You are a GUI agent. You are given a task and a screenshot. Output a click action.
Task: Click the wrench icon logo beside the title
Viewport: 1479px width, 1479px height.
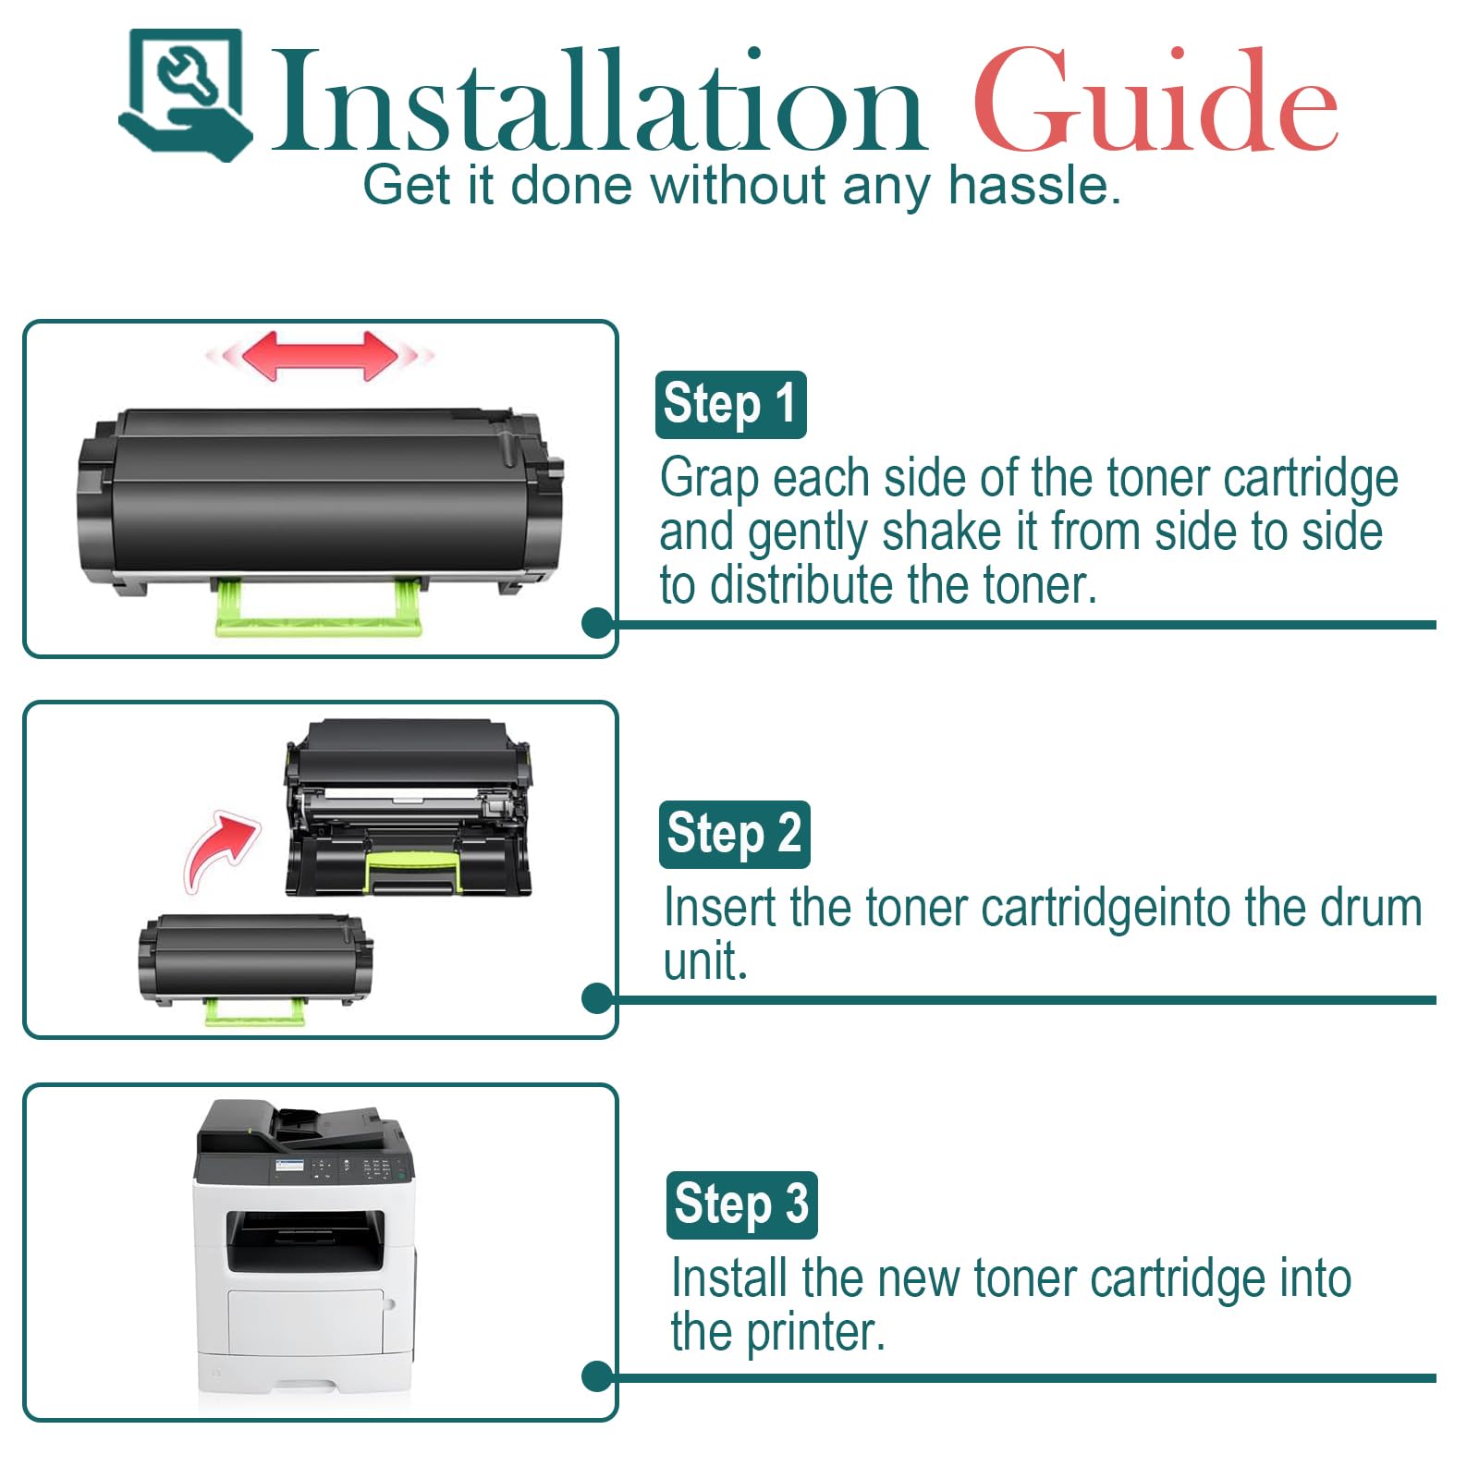186,94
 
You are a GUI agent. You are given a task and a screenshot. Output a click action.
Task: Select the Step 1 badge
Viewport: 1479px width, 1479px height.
730,405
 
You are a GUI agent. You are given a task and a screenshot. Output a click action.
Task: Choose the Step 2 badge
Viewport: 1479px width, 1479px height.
734,835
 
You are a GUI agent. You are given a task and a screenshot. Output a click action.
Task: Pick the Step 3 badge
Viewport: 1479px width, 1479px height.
741,1204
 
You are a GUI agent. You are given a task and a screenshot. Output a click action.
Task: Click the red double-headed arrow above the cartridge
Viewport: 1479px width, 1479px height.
320,356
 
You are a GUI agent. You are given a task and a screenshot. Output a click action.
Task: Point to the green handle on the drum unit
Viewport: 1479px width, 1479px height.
413,871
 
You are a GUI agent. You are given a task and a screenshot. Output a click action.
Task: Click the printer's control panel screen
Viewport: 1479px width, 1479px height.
289,1167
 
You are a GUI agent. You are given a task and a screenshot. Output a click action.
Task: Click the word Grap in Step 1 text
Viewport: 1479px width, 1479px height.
711,479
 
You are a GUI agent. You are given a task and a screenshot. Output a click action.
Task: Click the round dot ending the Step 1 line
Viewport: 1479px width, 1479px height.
598,623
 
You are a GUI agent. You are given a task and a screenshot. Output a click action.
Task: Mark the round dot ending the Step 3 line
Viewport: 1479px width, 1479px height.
598,1376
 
